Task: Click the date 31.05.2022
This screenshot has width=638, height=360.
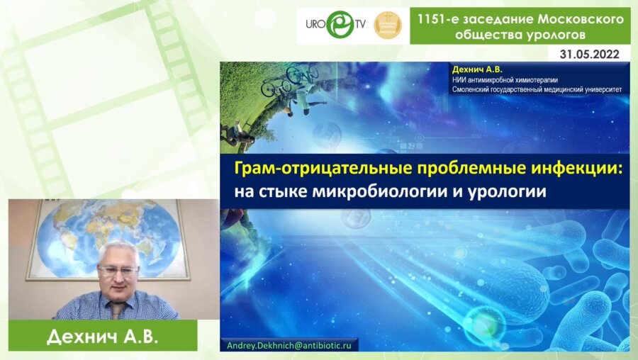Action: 590,54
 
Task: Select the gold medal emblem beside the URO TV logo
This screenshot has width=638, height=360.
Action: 387,26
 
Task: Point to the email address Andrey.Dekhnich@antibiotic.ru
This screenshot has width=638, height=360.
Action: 291,344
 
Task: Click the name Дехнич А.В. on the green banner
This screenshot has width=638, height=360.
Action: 102,337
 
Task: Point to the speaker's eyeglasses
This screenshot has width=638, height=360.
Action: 117,270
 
